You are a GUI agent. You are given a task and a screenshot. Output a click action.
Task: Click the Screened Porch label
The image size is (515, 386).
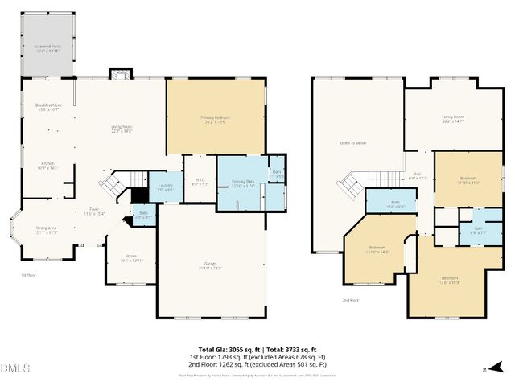point(47,49)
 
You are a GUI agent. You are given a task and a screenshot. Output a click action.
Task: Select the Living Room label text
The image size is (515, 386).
point(122,130)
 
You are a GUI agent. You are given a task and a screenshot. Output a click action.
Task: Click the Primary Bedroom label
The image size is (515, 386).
point(216,120)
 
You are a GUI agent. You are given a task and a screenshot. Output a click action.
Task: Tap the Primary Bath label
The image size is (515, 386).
point(243,184)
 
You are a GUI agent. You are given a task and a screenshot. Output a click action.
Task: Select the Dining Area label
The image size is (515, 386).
point(46,230)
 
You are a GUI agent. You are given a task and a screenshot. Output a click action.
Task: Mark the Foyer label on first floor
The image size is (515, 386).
point(94,211)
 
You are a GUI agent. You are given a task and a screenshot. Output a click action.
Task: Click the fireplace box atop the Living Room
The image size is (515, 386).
point(119,74)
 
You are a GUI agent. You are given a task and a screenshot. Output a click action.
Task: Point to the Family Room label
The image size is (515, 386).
point(453,118)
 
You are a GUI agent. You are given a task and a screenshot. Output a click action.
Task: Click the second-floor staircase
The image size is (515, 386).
point(350,187)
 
